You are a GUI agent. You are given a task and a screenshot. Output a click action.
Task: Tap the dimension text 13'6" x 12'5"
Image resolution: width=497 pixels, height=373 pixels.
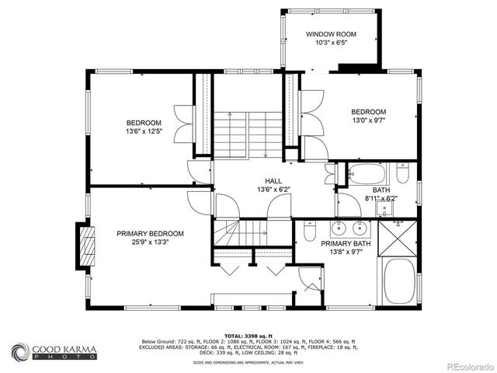click(x=144, y=131)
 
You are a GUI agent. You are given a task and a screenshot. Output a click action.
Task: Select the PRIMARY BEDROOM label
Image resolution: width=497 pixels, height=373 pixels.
click(x=150, y=233)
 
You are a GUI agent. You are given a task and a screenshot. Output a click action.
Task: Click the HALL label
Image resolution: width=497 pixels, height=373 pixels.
click(x=273, y=180)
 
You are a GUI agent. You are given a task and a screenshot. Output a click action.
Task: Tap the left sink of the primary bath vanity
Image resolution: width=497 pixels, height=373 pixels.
click(x=339, y=228)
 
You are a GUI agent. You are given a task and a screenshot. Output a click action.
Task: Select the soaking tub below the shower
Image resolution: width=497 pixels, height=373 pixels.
click(x=400, y=281)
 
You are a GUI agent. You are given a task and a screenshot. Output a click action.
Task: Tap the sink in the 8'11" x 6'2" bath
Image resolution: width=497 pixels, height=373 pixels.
click(x=385, y=207)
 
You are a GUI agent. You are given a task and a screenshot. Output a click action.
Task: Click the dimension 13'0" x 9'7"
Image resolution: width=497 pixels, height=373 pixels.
click(x=368, y=120)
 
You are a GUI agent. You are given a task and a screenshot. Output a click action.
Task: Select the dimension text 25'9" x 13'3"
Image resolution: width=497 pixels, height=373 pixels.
click(x=150, y=242)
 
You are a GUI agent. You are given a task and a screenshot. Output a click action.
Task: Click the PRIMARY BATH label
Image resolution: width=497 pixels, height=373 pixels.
click(x=346, y=244)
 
